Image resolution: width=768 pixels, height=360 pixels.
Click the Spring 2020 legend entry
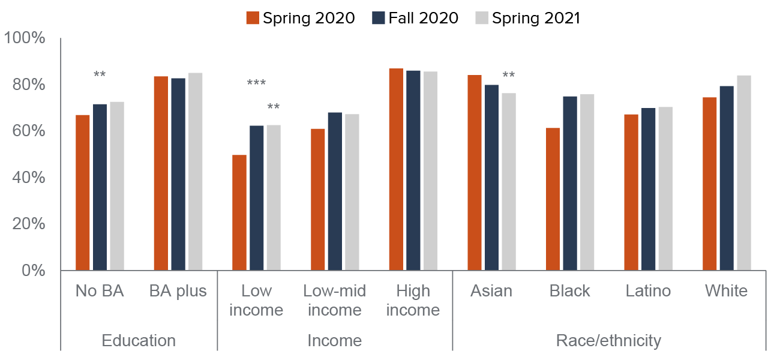301,18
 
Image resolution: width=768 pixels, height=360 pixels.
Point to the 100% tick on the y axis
25,38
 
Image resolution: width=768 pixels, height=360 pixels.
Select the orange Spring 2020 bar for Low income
239,212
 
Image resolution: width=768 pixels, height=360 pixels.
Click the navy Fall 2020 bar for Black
570,183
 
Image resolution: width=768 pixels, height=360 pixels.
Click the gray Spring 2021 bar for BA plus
195,172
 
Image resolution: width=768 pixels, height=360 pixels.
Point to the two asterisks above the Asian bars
509,76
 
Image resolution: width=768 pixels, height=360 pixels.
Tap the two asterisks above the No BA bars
100,75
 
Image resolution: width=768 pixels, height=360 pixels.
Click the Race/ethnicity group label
608,341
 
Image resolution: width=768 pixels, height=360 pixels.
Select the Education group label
139,341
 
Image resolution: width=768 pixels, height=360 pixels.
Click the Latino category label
648,291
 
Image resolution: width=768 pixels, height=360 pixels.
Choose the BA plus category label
178,291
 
